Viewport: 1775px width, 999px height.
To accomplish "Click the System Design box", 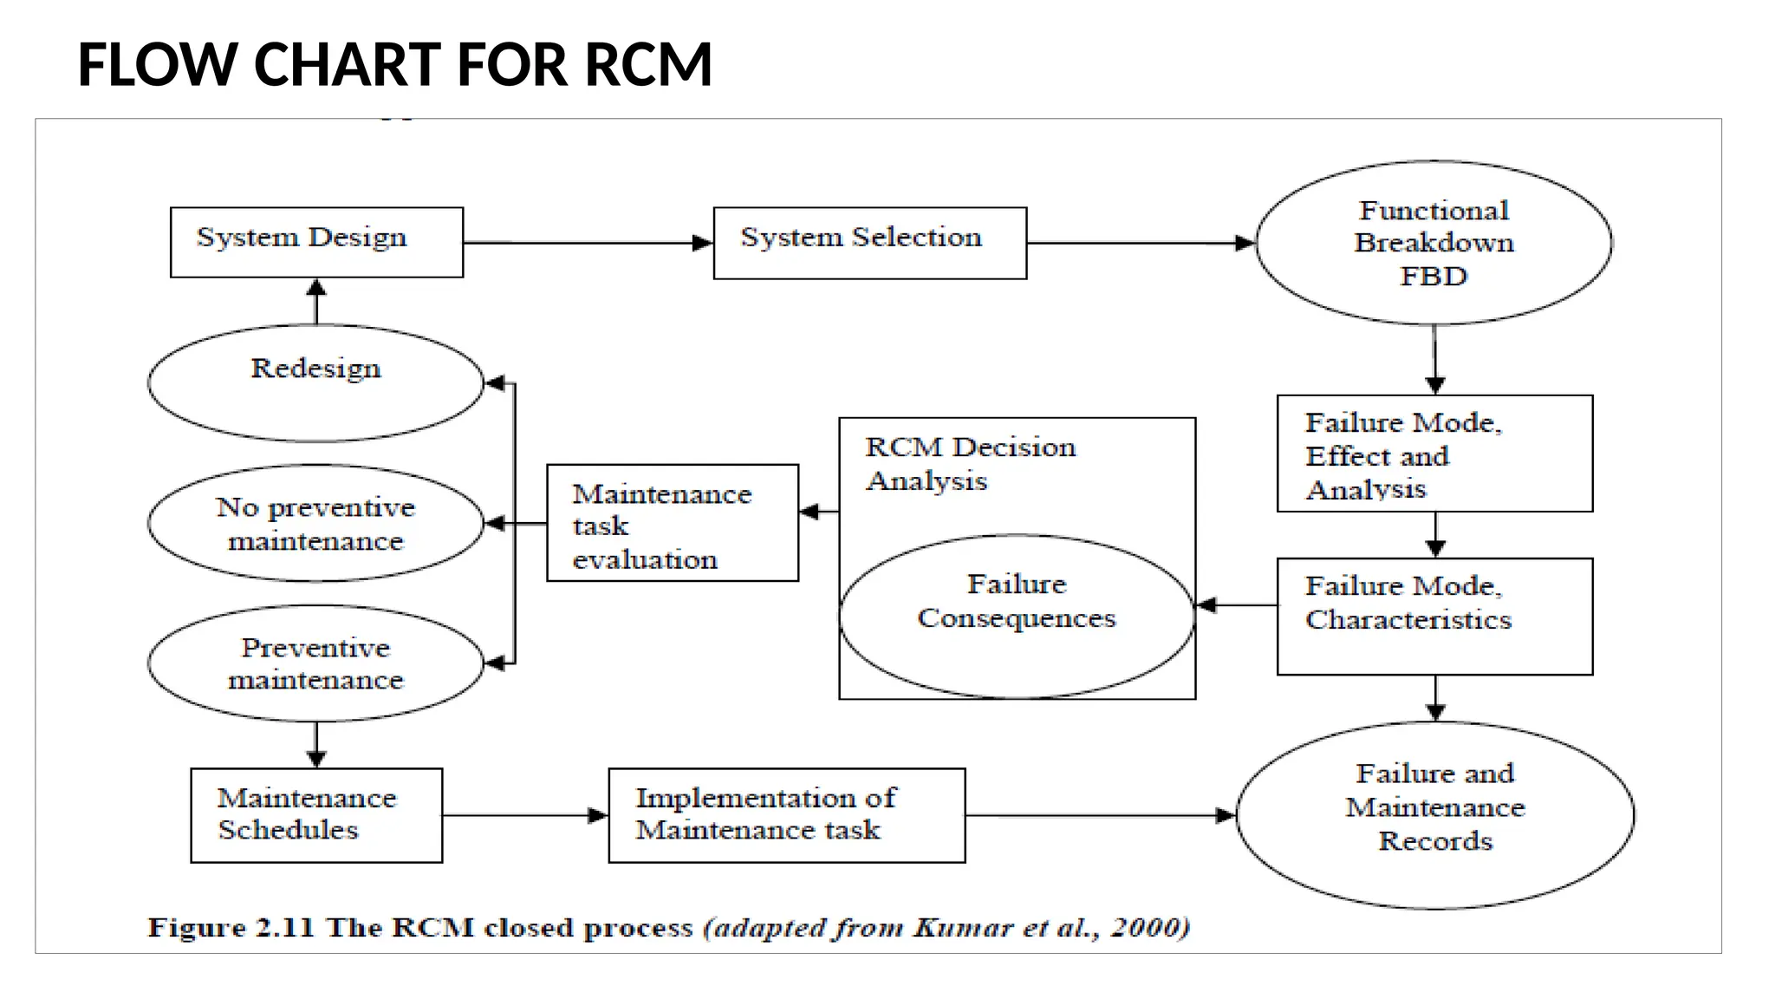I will (x=316, y=242).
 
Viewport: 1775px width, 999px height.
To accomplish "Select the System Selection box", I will (x=869, y=243).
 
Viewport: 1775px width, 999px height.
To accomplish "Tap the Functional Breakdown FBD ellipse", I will (x=1434, y=243).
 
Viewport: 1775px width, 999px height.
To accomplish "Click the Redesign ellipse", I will (x=315, y=382).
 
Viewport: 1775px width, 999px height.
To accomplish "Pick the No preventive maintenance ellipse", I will (x=315, y=523).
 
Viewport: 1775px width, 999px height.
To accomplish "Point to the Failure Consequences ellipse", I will (x=1016, y=616).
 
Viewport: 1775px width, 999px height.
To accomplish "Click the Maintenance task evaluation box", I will (x=672, y=523).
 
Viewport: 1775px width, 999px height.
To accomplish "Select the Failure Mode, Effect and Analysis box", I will (x=1434, y=454).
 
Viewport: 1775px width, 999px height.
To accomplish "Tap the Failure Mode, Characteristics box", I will (x=1434, y=616).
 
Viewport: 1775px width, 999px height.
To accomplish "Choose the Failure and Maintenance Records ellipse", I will (x=1434, y=815).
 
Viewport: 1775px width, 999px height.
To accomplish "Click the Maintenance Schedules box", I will (x=316, y=815).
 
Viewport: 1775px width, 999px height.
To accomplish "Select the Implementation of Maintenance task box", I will (x=786, y=815).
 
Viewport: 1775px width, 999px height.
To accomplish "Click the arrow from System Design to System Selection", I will (x=588, y=243).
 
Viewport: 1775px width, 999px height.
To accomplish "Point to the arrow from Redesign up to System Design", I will (x=316, y=301).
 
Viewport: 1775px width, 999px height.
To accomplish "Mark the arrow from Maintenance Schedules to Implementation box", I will (x=524, y=815).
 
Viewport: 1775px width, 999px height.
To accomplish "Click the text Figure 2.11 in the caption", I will (x=230, y=927).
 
